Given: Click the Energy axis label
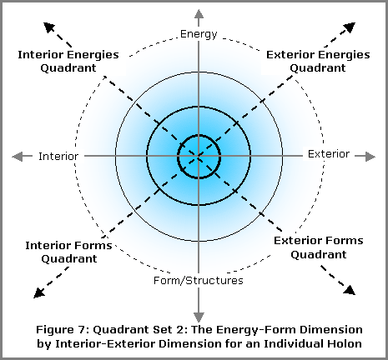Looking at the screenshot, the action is [199, 34].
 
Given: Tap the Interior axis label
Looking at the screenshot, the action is [58, 157].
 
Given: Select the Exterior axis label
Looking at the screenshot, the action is [329, 154].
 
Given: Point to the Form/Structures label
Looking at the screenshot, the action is [199, 281].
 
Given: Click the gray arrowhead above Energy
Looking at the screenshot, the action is [199, 14].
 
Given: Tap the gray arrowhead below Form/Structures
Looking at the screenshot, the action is [199, 317].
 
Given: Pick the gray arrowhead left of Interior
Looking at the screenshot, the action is [17, 157].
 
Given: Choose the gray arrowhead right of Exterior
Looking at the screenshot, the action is [370, 157].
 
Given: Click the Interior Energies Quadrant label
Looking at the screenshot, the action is [68, 61].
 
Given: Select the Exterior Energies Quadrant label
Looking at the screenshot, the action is [318, 61].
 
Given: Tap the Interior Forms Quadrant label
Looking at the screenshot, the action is [68, 252].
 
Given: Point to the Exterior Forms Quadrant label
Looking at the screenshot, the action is [319, 247].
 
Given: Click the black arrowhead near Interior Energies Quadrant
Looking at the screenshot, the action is [49, 27].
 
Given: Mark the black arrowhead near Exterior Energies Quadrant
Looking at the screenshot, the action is [350, 27].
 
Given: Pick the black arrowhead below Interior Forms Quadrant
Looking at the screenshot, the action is [39, 292].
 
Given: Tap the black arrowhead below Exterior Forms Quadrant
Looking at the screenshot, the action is [350, 290].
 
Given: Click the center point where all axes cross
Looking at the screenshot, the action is [199, 157].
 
